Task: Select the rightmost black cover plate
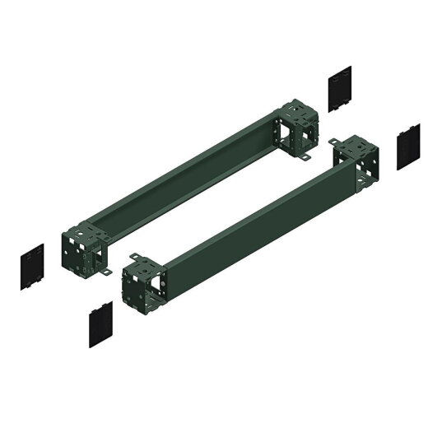point(407,147)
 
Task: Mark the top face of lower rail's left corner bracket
point(141,262)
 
